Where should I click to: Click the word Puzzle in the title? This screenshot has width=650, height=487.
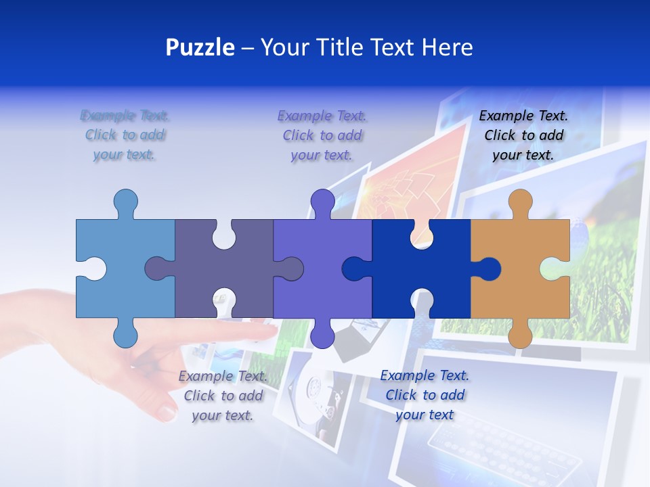pyautogui.click(x=200, y=48)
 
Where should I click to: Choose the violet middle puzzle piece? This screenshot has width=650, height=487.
pyautogui.click(x=318, y=237)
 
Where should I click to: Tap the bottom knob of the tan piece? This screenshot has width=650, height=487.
pyautogui.click(x=520, y=335)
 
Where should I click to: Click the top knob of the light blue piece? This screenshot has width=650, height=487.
pyautogui.click(x=126, y=202)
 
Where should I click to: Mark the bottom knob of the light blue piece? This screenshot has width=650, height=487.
pyautogui.click(x=126, y=334)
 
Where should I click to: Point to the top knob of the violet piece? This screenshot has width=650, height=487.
pyautogui.click(x=322, y=202)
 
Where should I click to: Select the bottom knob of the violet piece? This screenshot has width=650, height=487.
pyautogui.click(x=322, y=334)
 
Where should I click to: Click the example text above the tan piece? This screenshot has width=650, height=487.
pyautogui.click(x=523, y=135)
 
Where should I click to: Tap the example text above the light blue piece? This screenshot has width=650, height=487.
pyautogui.click(x=125, y=135)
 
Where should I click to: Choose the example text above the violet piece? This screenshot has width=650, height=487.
pyautogui.click(x=322, y=135)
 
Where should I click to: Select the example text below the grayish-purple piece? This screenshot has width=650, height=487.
pyautogui.click(x=223, y=396)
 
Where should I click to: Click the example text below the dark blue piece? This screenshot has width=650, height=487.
pyautogui.click(x=425, y=395)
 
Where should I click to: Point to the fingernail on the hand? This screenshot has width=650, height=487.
pyautogui.click(x=167, y=411)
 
